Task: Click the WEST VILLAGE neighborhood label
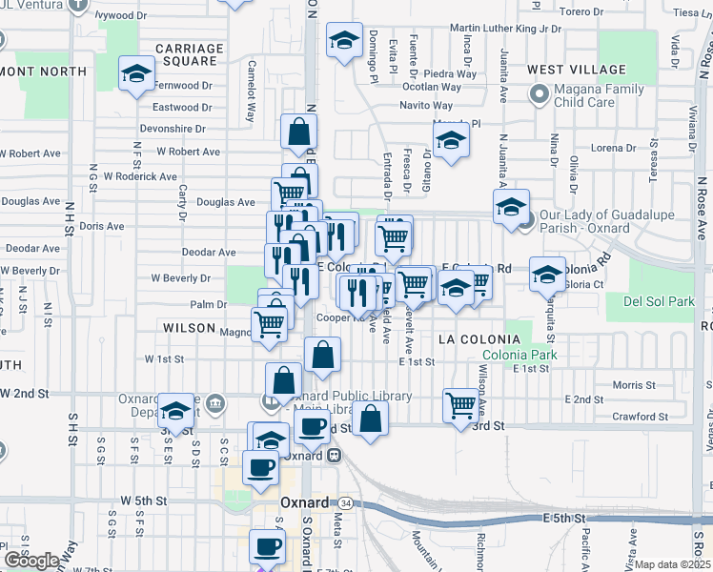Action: coord(577,70)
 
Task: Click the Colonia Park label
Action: coord(519,357)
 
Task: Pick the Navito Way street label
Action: coord(426,105)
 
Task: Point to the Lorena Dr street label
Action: coord(613,148)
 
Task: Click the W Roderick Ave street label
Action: coord(141,176)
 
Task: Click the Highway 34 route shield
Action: coord(345,502)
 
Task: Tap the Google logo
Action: coord(31,561)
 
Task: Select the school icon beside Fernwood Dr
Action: coord(137,72)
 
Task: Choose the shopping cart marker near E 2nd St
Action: coord(461,404)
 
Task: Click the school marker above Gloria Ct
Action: coord(547,274)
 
